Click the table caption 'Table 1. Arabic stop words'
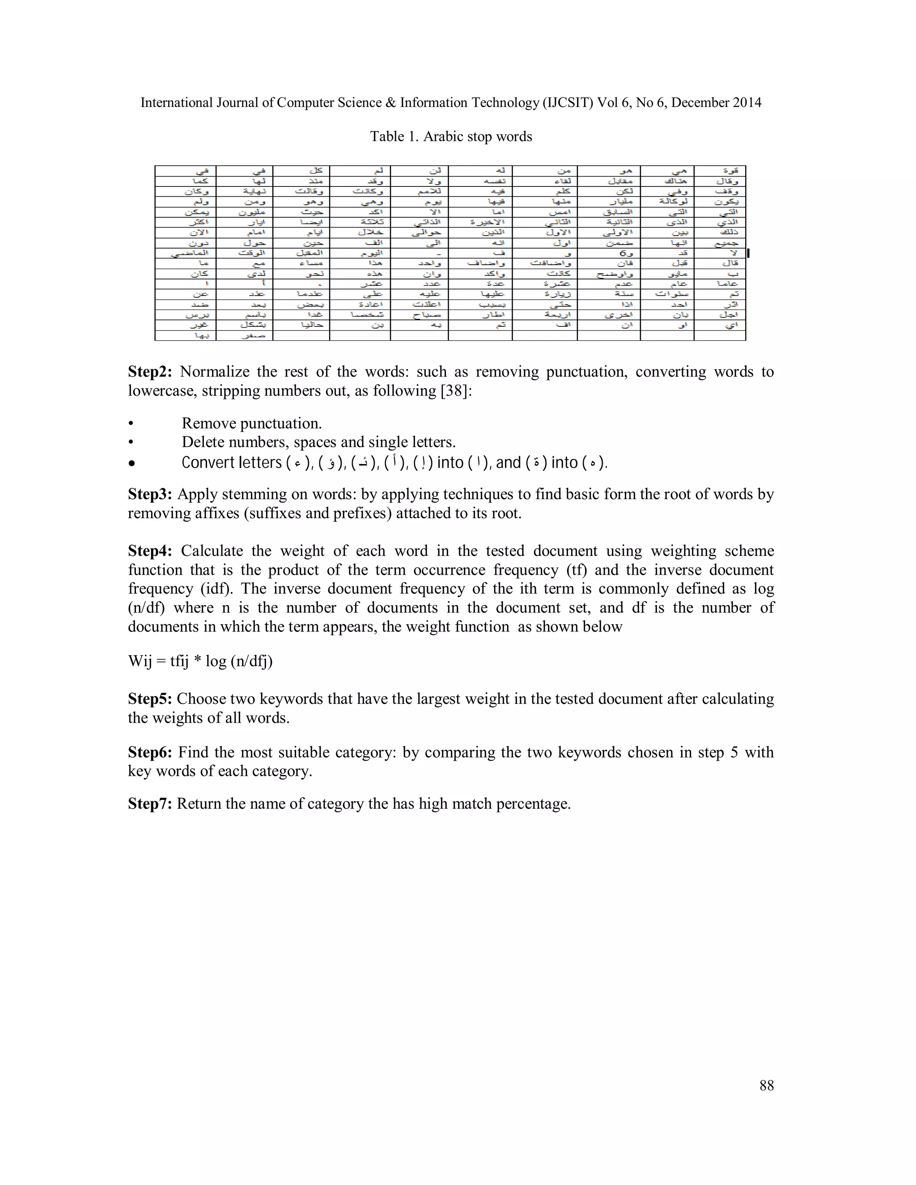[451, 137]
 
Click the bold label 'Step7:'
[150, 804]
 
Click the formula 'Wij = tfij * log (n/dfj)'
[200, 661]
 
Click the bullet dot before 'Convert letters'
[131, 464]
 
